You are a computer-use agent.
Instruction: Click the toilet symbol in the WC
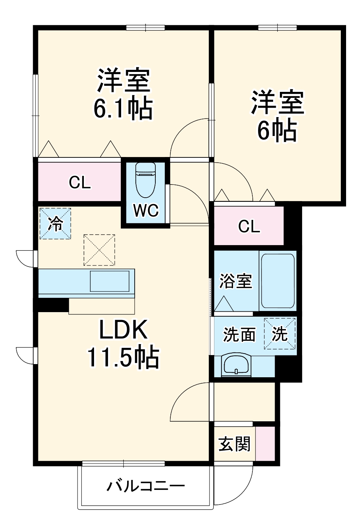pos(145,179)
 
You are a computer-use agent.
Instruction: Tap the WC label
pos(146,210)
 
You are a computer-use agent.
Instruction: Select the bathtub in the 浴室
pos(277,281)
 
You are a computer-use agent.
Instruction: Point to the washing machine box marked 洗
pos(280,334)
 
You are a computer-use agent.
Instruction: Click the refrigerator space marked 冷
pos(55,224)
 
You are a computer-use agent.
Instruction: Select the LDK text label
pos(123,329)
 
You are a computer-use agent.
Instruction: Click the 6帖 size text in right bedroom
pos(277,130)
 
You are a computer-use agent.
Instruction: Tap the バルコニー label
pos(146,486)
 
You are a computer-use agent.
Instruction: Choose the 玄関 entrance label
pos(234,444)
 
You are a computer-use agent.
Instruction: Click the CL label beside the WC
pos(80,183)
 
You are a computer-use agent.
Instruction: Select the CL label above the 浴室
pos(249,226)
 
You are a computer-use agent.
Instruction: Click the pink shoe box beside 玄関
pos(265,443)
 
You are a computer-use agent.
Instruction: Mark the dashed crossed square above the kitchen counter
pos(99,250)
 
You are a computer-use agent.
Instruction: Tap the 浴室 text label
pos(235,281)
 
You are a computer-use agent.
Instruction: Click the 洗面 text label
pos(239,334)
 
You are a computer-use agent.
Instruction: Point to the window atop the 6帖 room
pos(277,27)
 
